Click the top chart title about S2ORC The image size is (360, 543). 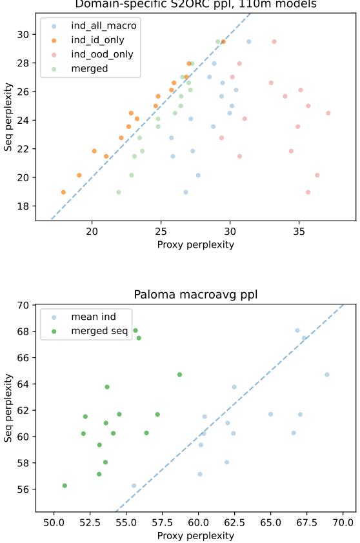coord(195,5)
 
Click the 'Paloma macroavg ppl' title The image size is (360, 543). coord(195,295)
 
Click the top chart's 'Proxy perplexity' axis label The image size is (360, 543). coord(195,244)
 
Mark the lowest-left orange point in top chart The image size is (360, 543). coord(63,192)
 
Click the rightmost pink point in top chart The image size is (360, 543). coord(328,113)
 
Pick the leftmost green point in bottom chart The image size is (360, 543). coord(65,486)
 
